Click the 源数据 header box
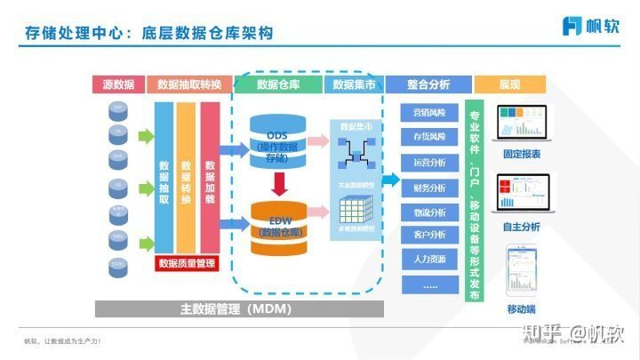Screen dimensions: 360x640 118,84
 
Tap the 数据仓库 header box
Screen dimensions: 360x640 278,84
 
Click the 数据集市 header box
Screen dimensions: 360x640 354,84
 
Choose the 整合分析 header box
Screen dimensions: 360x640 428,84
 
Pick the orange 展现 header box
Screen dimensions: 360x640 509,84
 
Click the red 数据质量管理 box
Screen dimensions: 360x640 187,263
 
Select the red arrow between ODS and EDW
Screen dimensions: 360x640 278,184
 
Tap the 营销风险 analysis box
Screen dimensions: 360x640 429,113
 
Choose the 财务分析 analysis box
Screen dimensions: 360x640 429,188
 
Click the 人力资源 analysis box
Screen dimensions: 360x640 429,260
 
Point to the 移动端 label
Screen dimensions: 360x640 522,309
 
